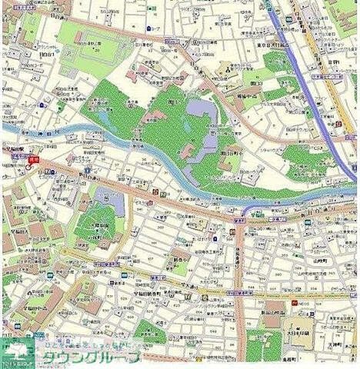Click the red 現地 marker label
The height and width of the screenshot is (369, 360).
[x=33, y=160]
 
